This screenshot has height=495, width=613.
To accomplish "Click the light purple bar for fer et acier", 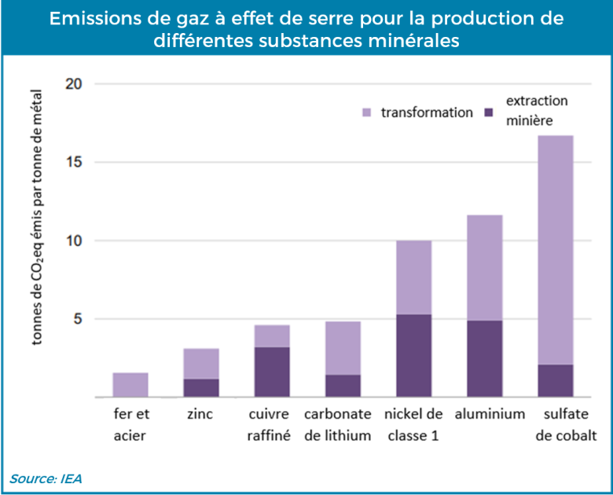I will (x=130, y=385).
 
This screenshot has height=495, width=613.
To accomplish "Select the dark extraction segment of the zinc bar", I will (x=200, y=388).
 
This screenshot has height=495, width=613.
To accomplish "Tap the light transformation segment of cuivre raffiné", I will (x=272, y=336).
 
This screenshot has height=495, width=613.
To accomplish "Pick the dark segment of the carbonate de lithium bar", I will (x=343, y=386).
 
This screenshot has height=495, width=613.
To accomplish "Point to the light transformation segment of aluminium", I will (x=484, y=267).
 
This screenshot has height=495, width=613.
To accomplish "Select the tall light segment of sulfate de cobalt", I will (x=555, y=250).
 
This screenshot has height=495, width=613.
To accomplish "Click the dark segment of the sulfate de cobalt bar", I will (x=555, y=381).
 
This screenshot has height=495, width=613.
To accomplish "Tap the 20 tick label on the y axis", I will (x=72, y=84).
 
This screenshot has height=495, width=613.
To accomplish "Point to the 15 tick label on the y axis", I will (x=72, y=163).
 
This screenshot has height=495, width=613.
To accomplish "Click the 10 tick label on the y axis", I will (x=72, y=241).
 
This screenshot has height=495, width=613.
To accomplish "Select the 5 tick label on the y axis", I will (x=76, y=320).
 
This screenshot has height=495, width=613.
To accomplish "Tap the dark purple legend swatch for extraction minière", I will (x=490, y=113).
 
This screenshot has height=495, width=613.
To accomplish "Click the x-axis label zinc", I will (x=200, y=414).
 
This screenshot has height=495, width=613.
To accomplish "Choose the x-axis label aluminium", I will (x=484, y=414).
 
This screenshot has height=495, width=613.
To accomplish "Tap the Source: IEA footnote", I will (x=46, y=478).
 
